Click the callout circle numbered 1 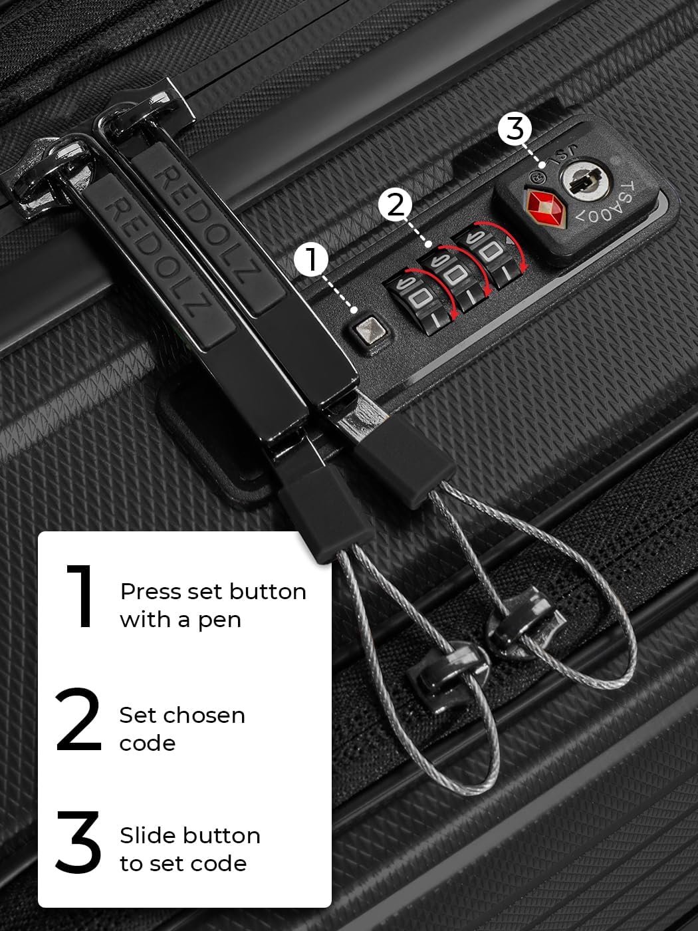[312, 259]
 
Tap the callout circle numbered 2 [396, 205]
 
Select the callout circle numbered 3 [515, 128]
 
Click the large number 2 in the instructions [78, 720]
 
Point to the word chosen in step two [202, 716]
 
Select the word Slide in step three [148, 836]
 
